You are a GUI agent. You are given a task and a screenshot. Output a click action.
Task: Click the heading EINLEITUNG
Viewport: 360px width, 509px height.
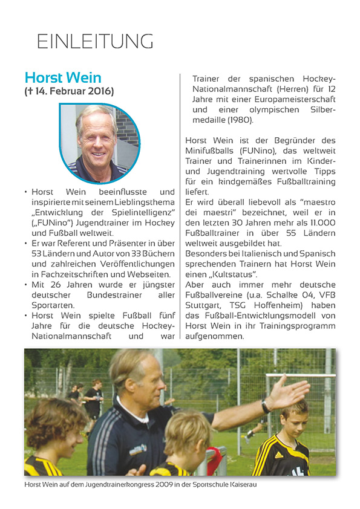click(95, 41)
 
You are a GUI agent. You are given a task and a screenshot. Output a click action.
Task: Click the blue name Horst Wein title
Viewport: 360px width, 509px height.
click(63, 78)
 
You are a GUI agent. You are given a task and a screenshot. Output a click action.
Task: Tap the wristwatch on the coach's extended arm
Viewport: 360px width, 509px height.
click(265, 407)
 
